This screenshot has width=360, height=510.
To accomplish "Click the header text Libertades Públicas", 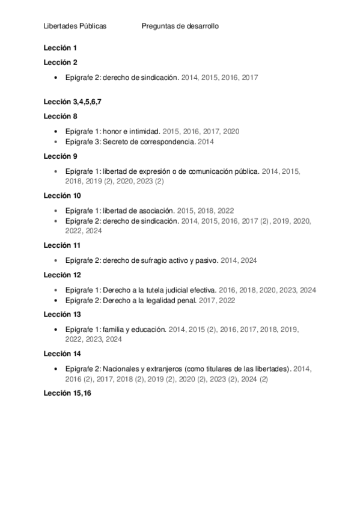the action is (x=75, y=26).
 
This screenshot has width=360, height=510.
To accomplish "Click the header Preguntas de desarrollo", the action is (x=180, y=26).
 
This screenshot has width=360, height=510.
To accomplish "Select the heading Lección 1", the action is (x=61, y=48).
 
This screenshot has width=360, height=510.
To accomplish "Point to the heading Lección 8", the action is (x=61, y=116).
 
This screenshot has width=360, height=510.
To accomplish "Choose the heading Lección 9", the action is (x=61, y=156).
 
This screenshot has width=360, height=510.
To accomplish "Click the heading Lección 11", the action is (x=63, y=245).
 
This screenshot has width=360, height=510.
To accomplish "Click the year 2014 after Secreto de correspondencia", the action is (x=206, y=142).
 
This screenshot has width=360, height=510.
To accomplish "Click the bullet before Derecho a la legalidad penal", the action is (x=56, y=300).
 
